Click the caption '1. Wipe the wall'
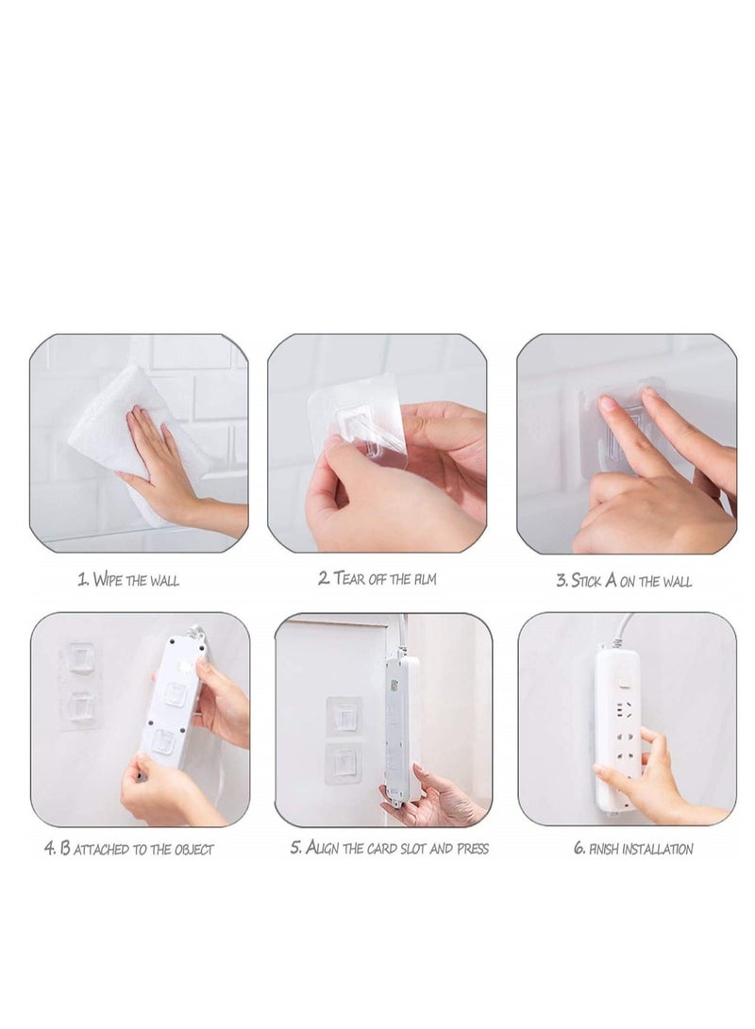tap(127, 580)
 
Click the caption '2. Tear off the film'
tap(377, 579)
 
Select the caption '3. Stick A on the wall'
tap(624, 581)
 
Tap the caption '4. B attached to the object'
tap(128, 849)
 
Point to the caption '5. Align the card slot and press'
tap(389, 848)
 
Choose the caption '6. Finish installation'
tap(633, 849)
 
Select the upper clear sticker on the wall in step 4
tap(81, 657)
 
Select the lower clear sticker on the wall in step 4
tap(81, 707)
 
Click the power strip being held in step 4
tap(172, 698)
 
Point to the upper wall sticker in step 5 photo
tap(344, 717)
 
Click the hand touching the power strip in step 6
tap(651, 773)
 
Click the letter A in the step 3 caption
tap(611, 580)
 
